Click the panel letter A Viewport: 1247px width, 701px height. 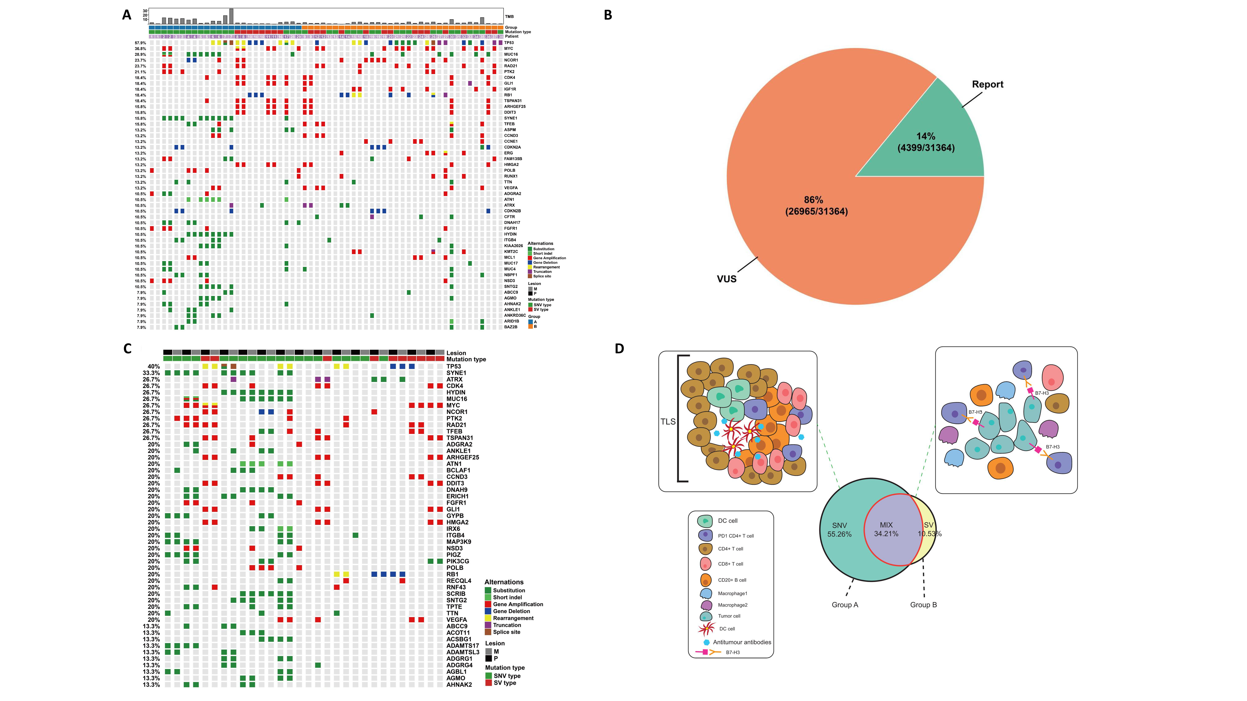pos(127,15)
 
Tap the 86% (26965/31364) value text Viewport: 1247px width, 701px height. pos(816,206)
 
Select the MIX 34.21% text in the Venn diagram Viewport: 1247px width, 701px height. pos(886,529)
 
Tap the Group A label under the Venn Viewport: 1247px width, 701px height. pos(845,605)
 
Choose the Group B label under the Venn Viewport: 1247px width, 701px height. pos(923,605)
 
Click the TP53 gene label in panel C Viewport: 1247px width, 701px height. pos(454,366)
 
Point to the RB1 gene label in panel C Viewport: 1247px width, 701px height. pos(452,574)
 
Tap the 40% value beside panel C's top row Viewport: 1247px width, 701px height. pos(154,366)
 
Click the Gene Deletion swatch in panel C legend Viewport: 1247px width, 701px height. pos(488,611)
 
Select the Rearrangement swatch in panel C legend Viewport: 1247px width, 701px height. pos(488,618)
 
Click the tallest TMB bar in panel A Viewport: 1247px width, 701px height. pos(231,16)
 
